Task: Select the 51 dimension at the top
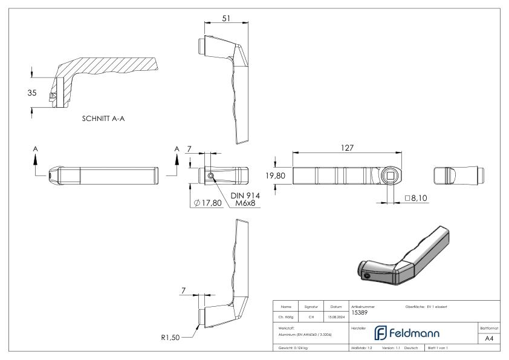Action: [x=226, y=18]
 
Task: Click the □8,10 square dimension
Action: [x=416, y=198]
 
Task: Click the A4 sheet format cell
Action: [x=490, y=339]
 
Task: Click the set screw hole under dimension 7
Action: [x=210, y=176]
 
